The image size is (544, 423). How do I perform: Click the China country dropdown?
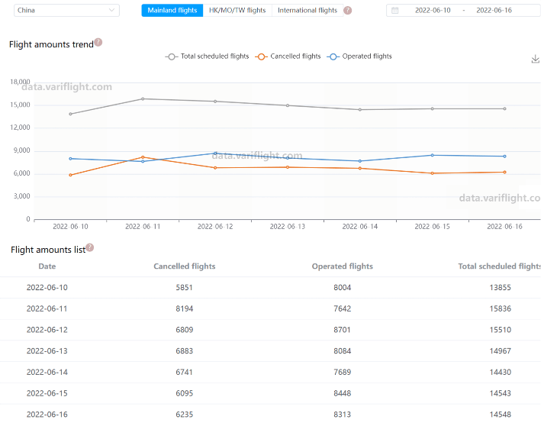coord(66,11)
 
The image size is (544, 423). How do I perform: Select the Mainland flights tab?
coord(172,11)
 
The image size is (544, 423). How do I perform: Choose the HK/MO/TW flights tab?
coord(237,11)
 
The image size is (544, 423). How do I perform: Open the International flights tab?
coord(307,11)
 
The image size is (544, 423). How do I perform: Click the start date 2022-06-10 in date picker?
coord(433,11)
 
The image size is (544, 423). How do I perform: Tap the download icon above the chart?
coord(535,59)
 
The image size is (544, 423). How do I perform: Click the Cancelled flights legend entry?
coord(289,57)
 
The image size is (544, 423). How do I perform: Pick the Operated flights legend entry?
coord(360,57)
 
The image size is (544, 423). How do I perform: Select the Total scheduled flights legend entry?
coord(208,57)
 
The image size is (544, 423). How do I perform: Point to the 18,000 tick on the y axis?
coord(19,82)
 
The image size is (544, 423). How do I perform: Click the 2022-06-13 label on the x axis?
coord(287,227)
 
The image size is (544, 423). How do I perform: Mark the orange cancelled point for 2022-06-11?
coord(143,157)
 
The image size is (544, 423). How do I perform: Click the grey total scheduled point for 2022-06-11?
coord(143,98)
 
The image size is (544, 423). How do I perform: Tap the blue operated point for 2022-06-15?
coord(433,155)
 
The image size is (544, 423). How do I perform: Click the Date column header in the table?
coord(47,266)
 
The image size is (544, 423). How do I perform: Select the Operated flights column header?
coord(343,266)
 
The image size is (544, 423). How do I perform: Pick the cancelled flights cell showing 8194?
coord(185,308)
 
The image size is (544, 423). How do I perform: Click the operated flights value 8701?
coord(343,330)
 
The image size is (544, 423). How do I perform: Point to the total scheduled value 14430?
coord(501,372)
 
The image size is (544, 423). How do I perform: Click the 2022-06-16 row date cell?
coord(47,415)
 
